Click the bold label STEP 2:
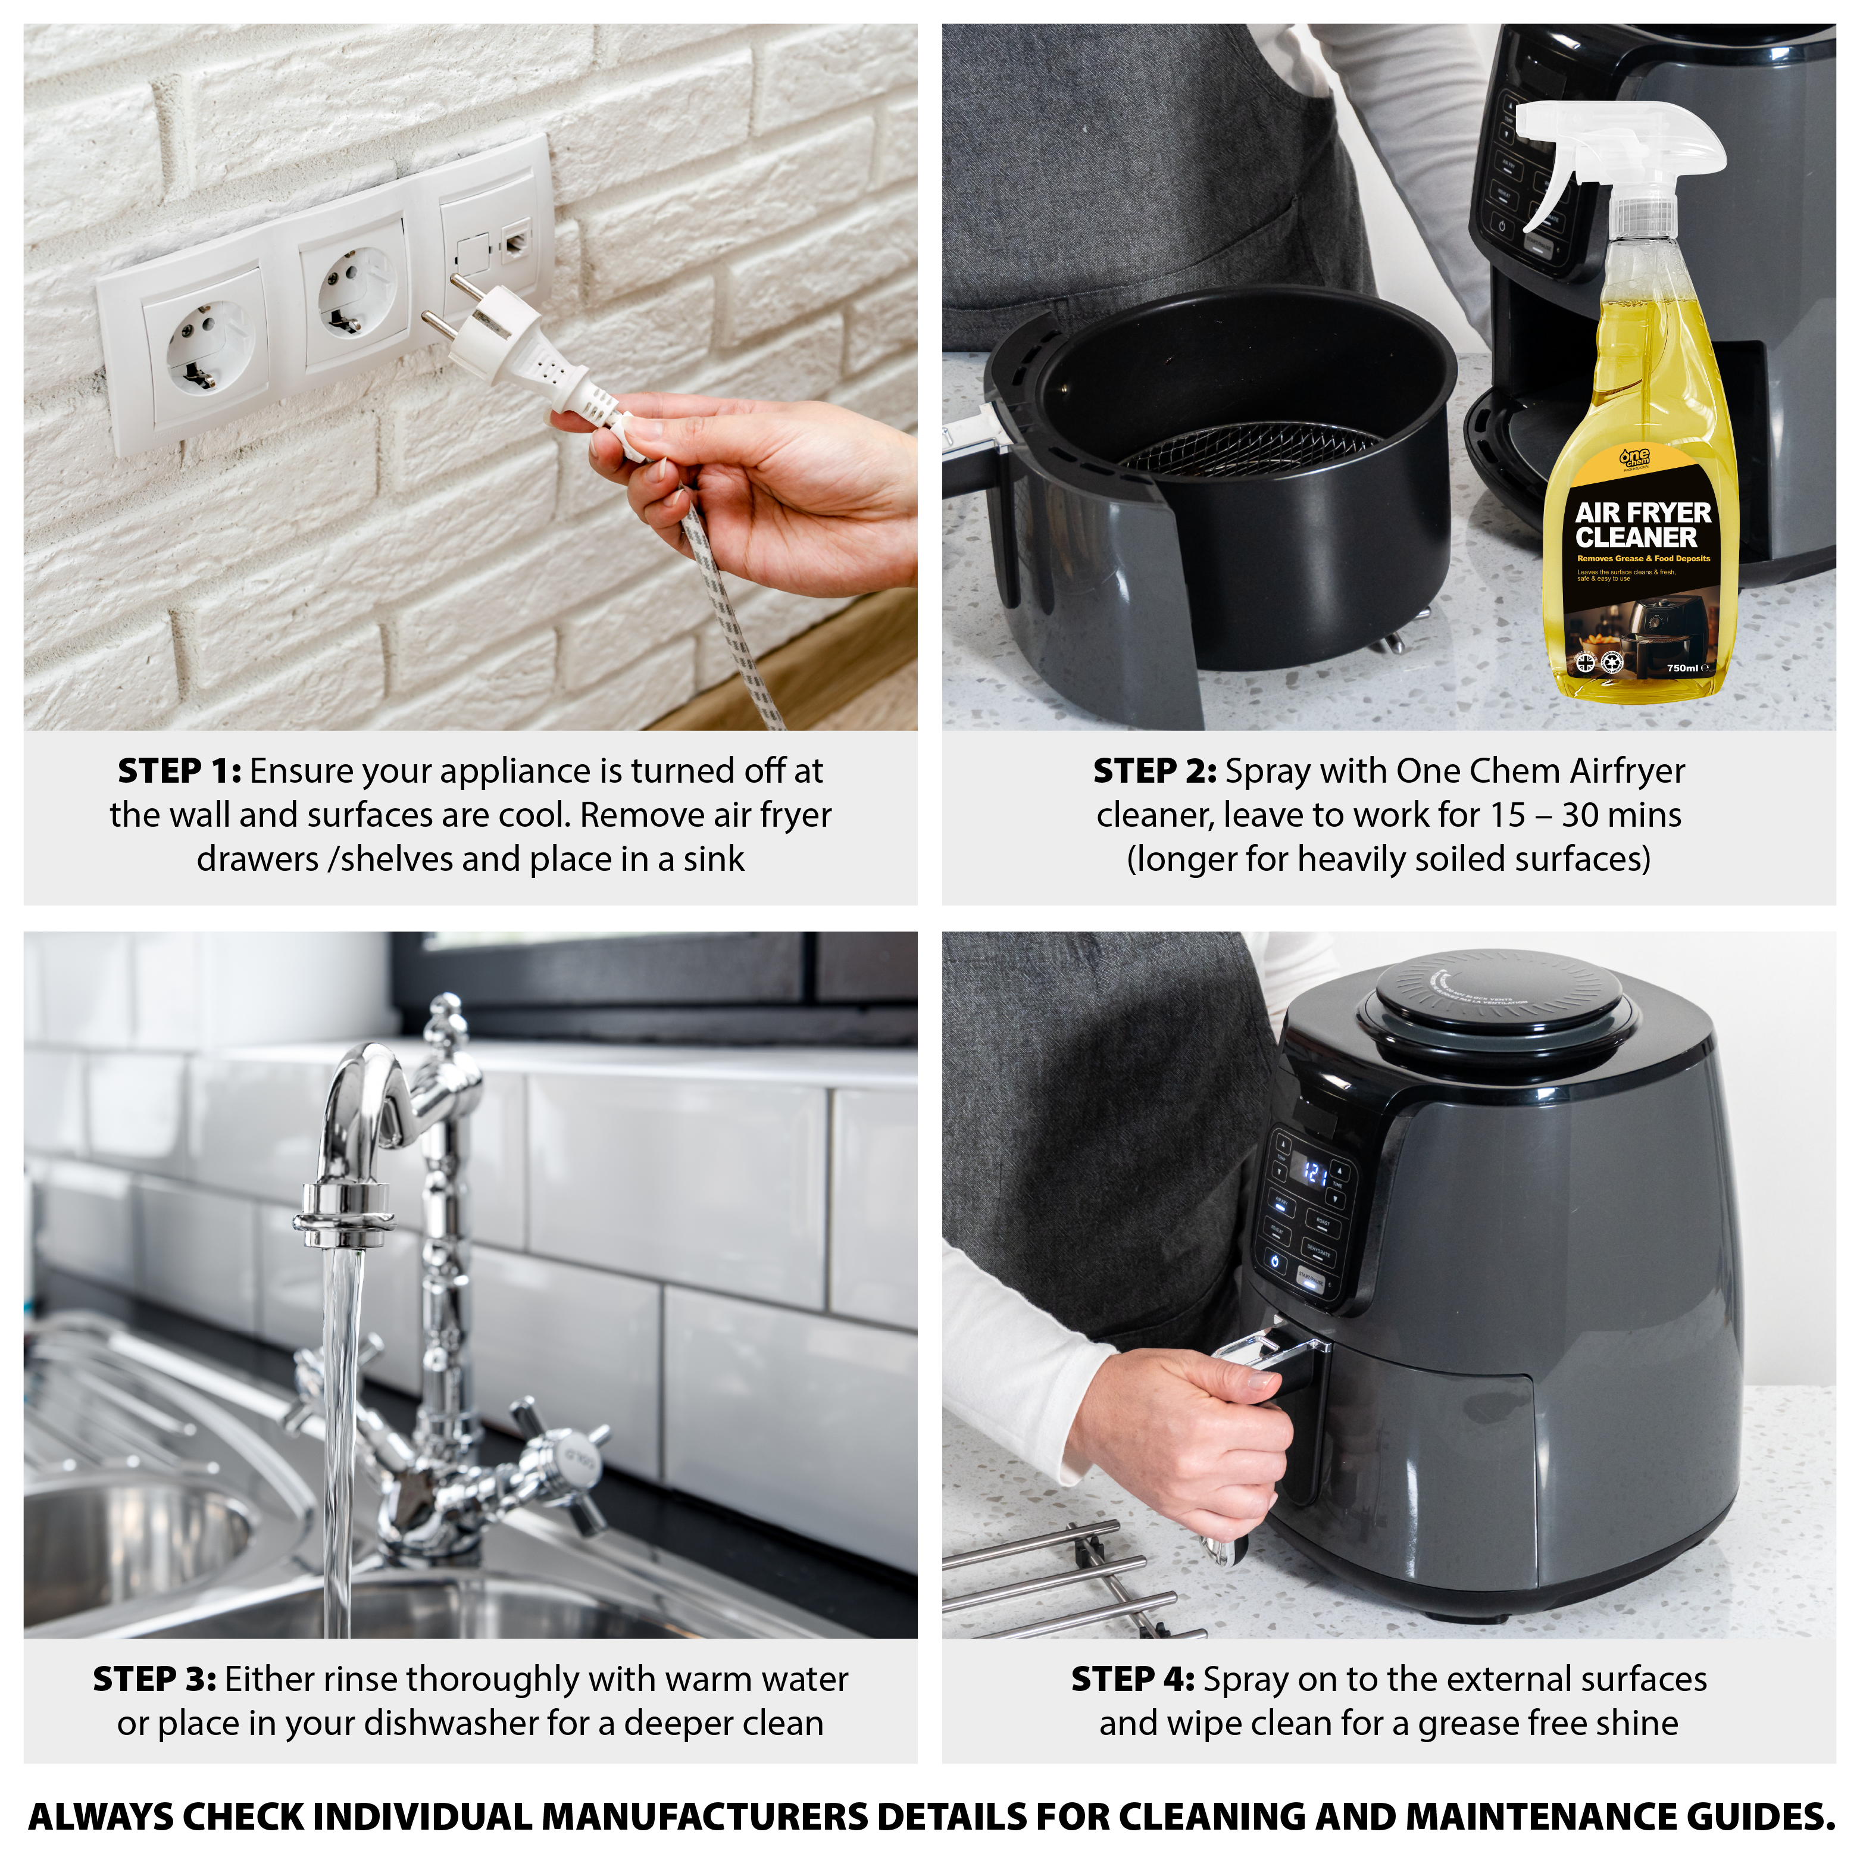click(1154, 771)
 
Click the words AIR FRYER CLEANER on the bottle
click(1642, 525)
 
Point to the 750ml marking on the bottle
click(1683, 667)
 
